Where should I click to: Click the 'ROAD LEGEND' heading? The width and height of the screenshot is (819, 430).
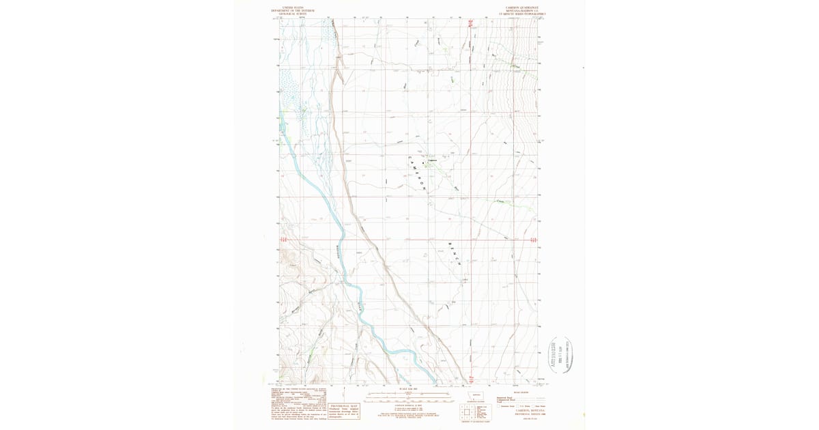coord(520,393)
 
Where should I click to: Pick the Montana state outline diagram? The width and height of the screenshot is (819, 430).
coord(476,395)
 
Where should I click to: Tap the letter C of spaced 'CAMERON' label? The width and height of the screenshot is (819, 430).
coord(409,158)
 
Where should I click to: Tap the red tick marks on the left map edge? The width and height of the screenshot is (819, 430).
coord(283,240)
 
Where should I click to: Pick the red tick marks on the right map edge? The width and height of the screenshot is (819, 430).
coord(533,240)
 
